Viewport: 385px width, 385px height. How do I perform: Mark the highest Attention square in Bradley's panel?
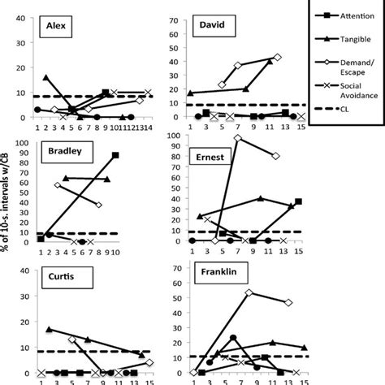click(115, 154)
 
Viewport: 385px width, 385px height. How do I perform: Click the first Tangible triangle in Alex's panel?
click(45, 77)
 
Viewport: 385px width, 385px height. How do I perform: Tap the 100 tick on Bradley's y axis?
click(19, 144)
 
